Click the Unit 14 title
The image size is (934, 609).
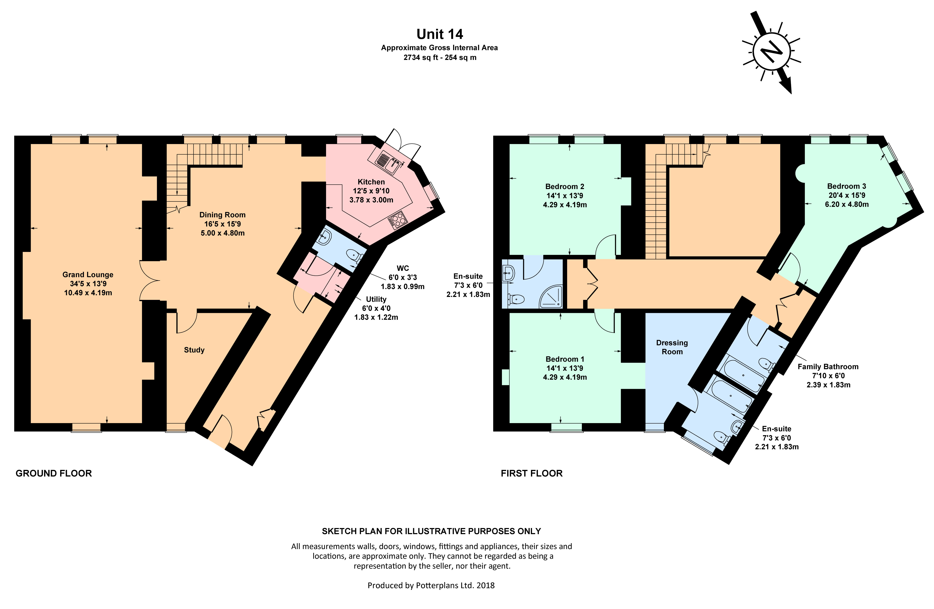point(439,34)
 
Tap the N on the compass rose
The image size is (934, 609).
point(771,51)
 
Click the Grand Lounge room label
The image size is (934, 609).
point(88,275)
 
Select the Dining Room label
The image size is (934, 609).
point(223,215)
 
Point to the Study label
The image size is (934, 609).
point(194,350)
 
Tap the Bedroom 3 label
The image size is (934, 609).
point(846,186)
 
